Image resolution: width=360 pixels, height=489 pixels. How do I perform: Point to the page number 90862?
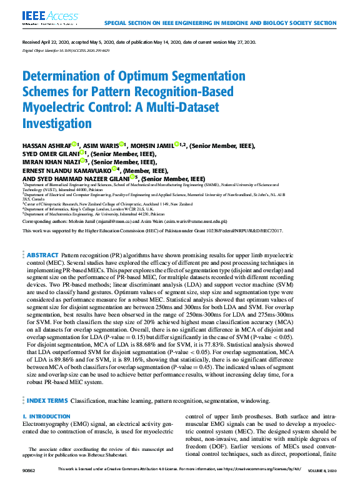(x=29, y=485)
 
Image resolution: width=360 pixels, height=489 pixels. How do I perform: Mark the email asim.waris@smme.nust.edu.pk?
(x=195, y=221)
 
